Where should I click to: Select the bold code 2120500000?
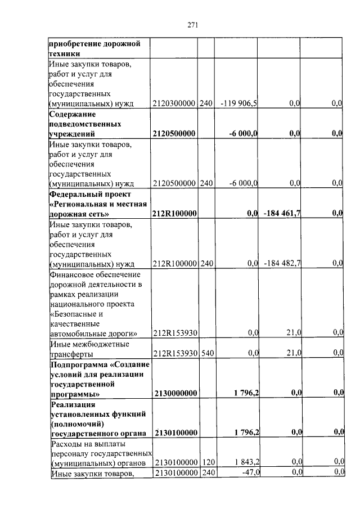click(174, 133)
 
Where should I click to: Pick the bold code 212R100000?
click(174, 214)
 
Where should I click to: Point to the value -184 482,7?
click(282, 263)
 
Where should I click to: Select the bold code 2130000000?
click(174, 393)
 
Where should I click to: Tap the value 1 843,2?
click(245, 462)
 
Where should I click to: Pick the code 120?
click(207, 462)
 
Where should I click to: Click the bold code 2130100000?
click(174, 433)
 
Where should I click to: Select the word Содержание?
click(72, 114)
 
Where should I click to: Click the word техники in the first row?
click(64, 53)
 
